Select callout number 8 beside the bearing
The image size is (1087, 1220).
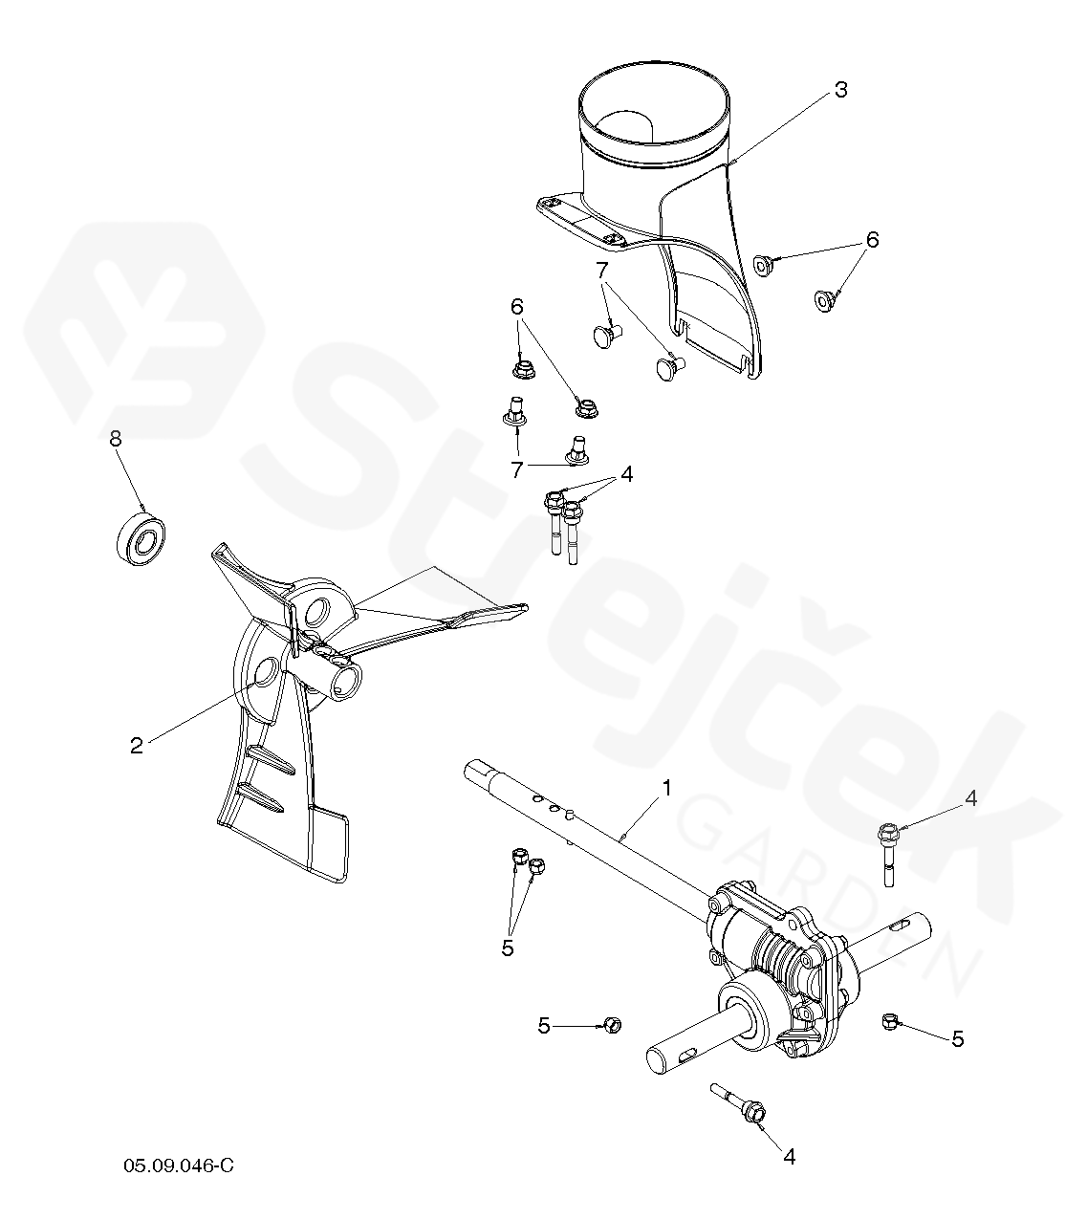pos(115,439)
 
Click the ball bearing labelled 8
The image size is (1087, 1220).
pos(141,538)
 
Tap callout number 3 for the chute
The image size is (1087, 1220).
pos(840,90)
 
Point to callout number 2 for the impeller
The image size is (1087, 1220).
pos(137,746)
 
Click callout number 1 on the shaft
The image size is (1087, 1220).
pos(666,788)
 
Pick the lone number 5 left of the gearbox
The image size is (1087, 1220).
pos(544,1026)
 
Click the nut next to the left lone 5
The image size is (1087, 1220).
pos(613,1024)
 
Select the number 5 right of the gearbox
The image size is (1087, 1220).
pos(958,1038)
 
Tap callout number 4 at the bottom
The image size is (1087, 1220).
pos(790,1156)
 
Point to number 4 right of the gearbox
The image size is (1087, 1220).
pos(970,798)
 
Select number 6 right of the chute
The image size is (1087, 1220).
pos(873,240)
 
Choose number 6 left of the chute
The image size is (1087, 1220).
pos(516,307)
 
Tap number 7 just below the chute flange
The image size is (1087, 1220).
pos(602,270)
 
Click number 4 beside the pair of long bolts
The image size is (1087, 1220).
pos(627,474)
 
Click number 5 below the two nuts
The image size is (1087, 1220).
pos(508,948)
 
